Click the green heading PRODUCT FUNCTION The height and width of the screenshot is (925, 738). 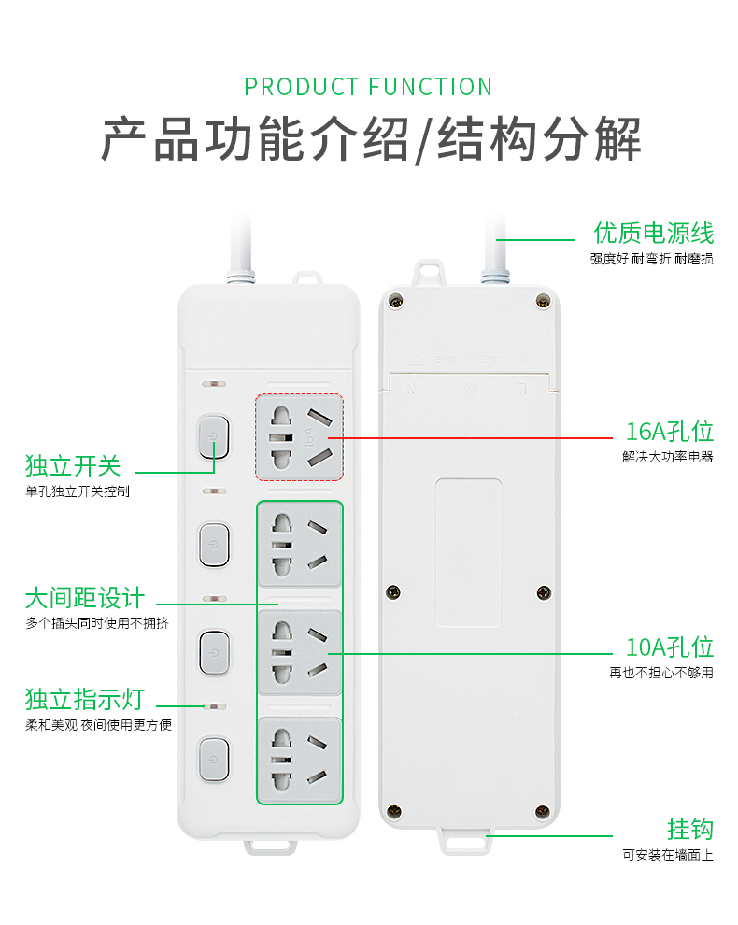click(368, 87)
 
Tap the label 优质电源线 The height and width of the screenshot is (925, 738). click(653, 232)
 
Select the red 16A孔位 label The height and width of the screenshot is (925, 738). click(669, 431)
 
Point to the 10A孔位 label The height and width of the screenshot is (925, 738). click(669, 647)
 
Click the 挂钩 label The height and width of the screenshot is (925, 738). click(689, 829)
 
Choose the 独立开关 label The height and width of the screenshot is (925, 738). click(73, 464)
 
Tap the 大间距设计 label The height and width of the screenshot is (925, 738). click(85, 597)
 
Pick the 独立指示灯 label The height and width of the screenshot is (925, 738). click(85, 698)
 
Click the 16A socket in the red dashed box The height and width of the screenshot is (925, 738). click(300, 436)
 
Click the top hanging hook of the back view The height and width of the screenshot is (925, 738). click(429, 272)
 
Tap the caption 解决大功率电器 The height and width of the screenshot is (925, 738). click(667, 457)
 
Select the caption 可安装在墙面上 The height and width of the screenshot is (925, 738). click(667, 854)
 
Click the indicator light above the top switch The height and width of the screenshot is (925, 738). click(214, 384)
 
